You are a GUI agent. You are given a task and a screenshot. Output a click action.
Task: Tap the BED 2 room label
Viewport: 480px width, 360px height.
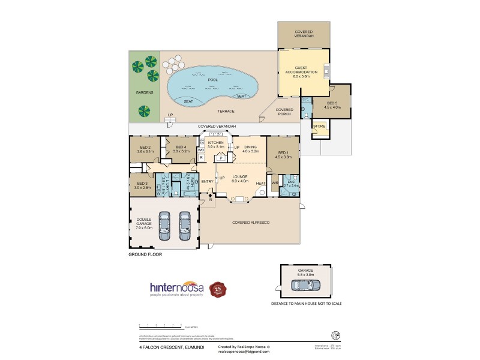pyautogui.click(x=145, y=147)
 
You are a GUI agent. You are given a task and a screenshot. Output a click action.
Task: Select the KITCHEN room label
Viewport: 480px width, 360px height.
pyautogui.click(x=215, y=143)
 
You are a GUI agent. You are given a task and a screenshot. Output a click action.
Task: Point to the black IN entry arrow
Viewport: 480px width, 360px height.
pyautogui.click(x=210, y=196)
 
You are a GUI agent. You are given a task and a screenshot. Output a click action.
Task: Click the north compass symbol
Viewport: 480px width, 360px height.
pyautogui.click(x=328, y=334)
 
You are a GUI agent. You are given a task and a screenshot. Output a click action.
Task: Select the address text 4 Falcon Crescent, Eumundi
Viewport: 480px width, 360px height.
pyautogui.click(x=164, y=346)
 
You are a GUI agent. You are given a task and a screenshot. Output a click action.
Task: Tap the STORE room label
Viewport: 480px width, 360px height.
pyautogui.click(x=319, y=127)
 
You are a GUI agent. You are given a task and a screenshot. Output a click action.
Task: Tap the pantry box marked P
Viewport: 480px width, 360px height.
pyautogui.click(x=221, y=158)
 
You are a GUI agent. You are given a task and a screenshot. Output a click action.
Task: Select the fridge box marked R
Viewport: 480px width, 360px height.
pyautogui.click(x=201, y=157)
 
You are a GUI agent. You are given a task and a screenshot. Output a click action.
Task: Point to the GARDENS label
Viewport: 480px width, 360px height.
pyautogui.click(x=144, y=92)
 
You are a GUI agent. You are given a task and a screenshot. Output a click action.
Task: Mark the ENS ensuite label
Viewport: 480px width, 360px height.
pyautogui.click(x=290, y=181)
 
